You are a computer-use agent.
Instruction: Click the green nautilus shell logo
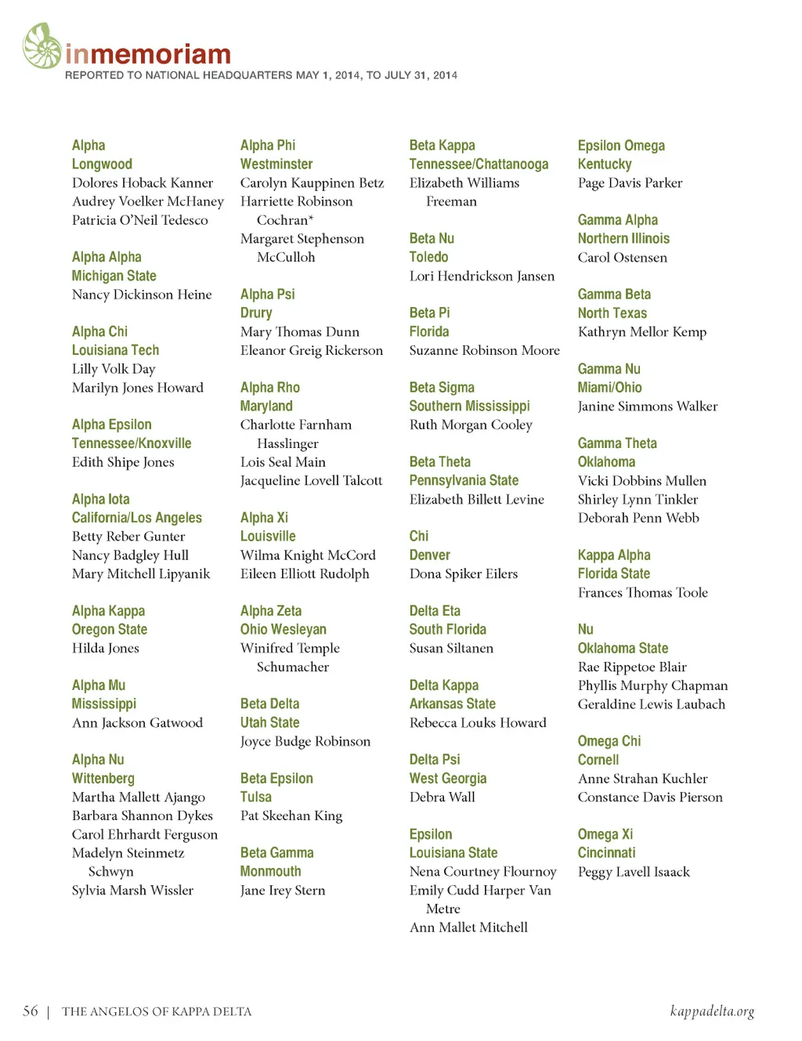[42, 46]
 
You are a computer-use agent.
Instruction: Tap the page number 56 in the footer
[31, 1011]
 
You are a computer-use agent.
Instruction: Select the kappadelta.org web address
[712, 1011]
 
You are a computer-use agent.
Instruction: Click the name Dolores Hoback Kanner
[143, 183]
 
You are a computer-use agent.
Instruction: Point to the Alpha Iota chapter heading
[101, 500]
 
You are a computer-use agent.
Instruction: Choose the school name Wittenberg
[103, 779]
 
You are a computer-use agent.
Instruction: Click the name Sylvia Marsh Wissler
[132, 891]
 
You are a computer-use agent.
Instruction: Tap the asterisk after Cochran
[311, 219]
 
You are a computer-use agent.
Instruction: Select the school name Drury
[256, 313]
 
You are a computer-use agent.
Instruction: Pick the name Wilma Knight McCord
[308, 555]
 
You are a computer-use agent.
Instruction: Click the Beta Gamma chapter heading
[276, 853]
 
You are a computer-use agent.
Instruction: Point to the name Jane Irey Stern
[283, 891]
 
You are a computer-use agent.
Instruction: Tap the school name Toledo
[428, 257]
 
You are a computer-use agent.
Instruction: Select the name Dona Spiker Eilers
[464, 574]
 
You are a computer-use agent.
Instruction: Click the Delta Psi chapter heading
[435, 760]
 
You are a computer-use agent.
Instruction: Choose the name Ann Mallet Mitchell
[468, 927]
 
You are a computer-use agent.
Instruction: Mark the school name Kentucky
[605, 164]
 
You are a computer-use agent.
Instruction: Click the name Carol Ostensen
[623, 258]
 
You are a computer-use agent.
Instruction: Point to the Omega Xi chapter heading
[605, 834]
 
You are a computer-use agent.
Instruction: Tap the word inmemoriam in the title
[148, 54]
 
